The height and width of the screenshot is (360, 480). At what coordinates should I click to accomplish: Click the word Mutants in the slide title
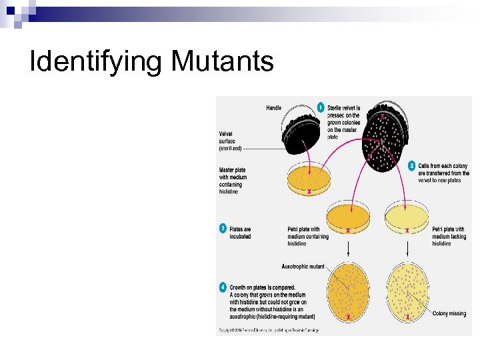point(222,62)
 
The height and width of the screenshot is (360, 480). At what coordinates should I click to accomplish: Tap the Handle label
point(273,107)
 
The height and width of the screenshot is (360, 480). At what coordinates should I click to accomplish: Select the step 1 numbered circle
point(320,107)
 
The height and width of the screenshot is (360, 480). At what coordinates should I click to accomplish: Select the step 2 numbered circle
point(411,165)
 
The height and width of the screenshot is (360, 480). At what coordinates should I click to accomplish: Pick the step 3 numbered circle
point(223,229)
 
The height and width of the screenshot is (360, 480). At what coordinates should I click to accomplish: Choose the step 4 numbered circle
point(223,287)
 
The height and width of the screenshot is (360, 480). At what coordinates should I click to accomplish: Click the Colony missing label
point(449,313)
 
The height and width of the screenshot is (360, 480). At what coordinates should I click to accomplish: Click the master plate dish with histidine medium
point(309,180)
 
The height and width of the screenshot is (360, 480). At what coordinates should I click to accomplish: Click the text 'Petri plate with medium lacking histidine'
point(449,237)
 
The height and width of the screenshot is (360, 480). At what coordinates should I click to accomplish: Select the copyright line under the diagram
point(269,330)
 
